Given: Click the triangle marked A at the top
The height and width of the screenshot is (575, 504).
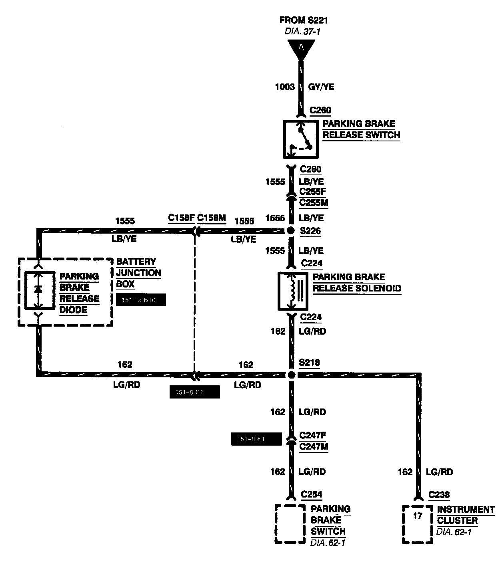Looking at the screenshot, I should pos(301,49).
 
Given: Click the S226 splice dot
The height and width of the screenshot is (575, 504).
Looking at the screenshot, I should pos(291,230).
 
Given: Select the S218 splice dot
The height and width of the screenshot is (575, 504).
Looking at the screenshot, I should pos(291,375).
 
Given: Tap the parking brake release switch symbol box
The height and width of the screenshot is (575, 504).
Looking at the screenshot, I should pos(301,139).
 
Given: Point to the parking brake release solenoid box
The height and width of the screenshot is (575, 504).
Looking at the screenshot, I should pos(293,291).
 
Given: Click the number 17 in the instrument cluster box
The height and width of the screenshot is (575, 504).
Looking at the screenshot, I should pos(418,516).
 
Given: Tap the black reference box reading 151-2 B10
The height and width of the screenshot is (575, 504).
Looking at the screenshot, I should pos(140,300).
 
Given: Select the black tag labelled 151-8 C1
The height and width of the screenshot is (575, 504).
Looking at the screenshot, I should pos(194,392).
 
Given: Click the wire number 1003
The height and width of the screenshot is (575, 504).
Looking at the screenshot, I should pos(284,87).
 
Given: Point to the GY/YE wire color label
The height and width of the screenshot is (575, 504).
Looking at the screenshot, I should pos(321,87).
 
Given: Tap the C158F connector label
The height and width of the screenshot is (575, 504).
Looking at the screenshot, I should pos(181,218).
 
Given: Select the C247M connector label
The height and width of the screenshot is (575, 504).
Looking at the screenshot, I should pos(314,446).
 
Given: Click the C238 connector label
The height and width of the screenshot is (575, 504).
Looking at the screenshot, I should pos(439,495).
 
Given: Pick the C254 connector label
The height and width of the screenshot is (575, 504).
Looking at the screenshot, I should pos(311,495).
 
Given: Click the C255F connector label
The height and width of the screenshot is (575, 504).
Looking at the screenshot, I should pos(313,192).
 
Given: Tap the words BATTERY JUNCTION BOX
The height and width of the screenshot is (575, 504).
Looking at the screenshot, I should pos(138,273).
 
